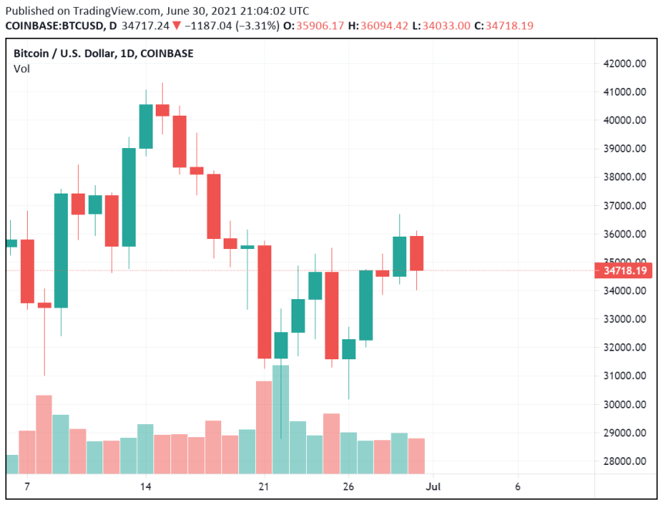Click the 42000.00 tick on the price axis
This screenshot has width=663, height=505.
[624, 64]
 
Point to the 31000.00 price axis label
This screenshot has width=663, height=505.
[624, 375]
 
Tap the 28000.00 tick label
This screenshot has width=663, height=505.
[624, 461]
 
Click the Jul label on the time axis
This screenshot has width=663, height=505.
[433, 486]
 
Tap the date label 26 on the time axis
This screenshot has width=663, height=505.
[348, 486]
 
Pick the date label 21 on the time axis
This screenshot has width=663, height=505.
[264, 486]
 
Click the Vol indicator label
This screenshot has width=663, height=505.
[22, 69]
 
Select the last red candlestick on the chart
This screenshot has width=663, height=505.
[416, 253]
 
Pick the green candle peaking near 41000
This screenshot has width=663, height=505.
[145, 126]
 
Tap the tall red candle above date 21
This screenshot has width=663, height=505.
[264, 301]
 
